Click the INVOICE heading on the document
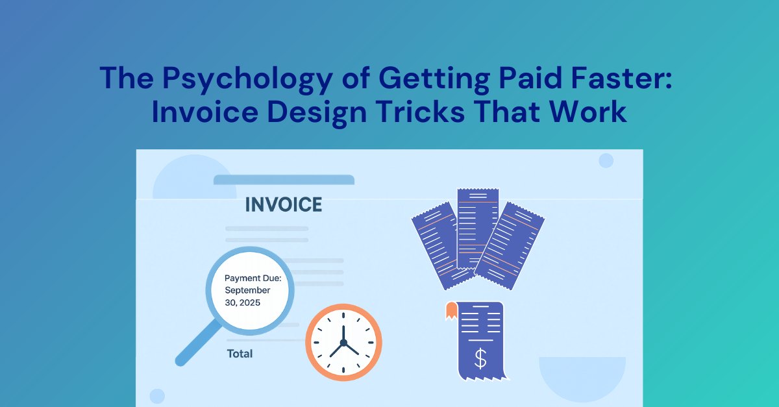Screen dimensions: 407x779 [283, 204]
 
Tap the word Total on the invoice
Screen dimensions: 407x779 [240, 354]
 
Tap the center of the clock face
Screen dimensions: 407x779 [343, 342]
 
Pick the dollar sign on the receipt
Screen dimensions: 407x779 [480, 358]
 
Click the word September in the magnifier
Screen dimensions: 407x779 [247, 290]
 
